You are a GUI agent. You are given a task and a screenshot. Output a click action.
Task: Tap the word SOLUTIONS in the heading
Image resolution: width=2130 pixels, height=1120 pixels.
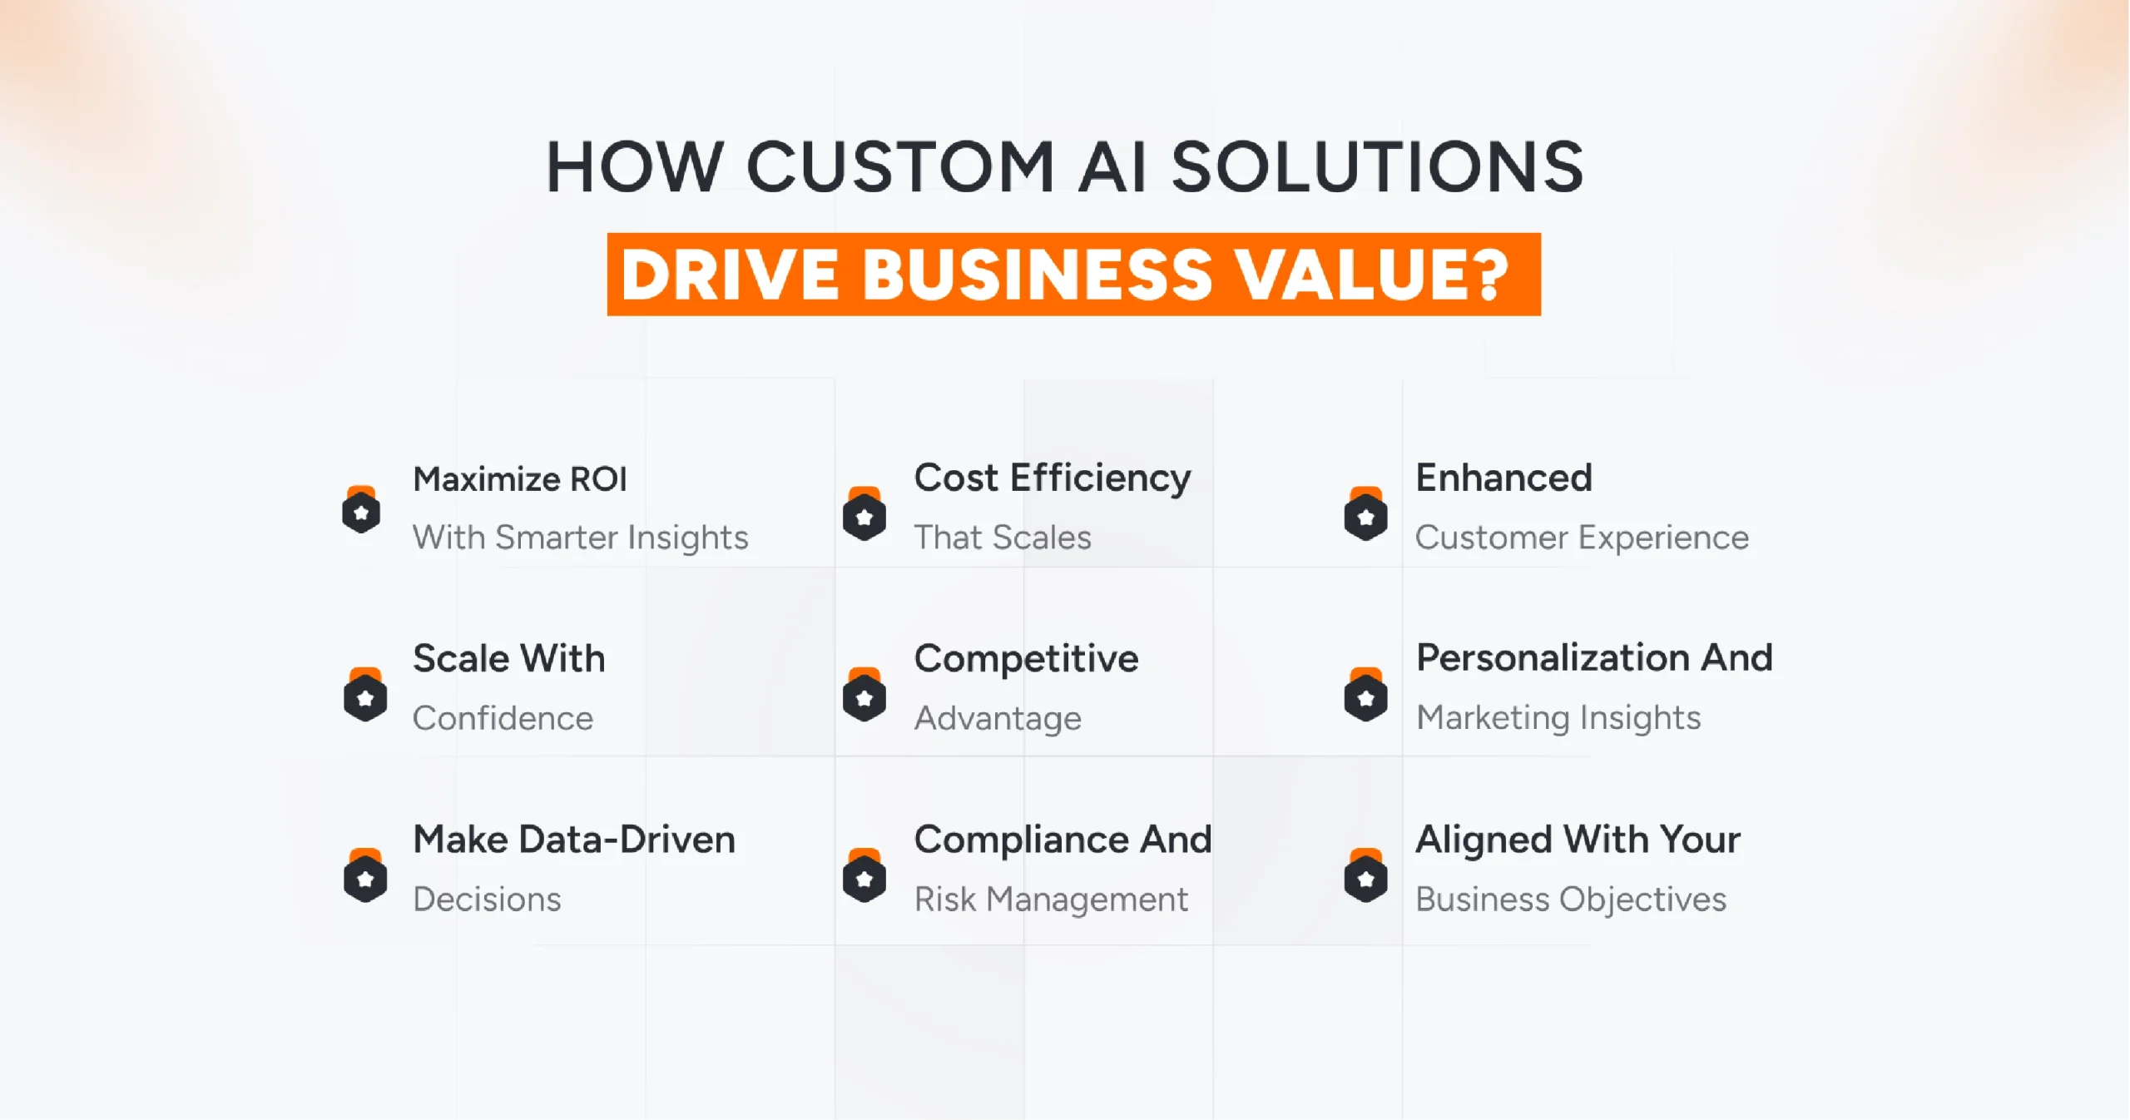click(x=1376, y=167)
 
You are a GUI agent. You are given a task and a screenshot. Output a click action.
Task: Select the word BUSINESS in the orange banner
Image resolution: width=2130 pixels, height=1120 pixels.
click(x=1037, y=275)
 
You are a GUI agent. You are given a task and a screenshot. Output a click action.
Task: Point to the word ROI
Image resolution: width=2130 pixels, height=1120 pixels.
click(x=597, y=479)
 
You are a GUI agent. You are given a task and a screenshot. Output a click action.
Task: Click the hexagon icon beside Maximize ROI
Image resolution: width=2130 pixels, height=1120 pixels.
click(x=361, y=511)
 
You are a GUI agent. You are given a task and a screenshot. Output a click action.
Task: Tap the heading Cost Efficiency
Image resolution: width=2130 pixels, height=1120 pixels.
click(x=1052, y=478)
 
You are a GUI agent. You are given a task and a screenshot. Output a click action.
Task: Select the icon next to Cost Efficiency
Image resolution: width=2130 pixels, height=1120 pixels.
click(x=864, y=515)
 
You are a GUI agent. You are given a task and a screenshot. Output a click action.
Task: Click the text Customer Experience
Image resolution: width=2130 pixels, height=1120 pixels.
click(x=1582, y=538)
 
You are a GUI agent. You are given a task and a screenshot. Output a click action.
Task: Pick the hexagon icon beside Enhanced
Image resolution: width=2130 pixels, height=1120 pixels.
click(x=1365, y=515)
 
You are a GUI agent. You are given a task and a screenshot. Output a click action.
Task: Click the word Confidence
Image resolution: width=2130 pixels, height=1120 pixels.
click(x=503, y=718)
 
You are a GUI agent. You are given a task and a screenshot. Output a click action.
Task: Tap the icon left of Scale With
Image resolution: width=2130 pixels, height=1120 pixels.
click(x=365, y=696)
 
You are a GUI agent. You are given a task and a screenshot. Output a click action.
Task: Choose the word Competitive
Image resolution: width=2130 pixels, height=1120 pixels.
click(x=1026, y=659)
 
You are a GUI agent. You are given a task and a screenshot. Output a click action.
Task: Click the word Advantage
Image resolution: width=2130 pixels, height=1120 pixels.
click(x=998, y=718)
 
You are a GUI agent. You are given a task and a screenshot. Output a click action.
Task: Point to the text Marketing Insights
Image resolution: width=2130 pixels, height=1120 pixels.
click(x=1558, y=717)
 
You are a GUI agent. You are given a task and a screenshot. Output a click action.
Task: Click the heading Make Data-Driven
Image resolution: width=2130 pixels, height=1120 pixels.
click(x=574, y=840)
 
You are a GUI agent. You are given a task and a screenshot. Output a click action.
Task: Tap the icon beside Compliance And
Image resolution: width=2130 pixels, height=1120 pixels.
click(x=864, y=876)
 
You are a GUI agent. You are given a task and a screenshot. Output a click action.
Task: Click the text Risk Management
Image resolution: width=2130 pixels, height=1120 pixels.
click(x=1051, y=899)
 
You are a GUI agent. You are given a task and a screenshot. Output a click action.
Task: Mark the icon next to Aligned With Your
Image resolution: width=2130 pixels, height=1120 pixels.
click(x=1365, y=876)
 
